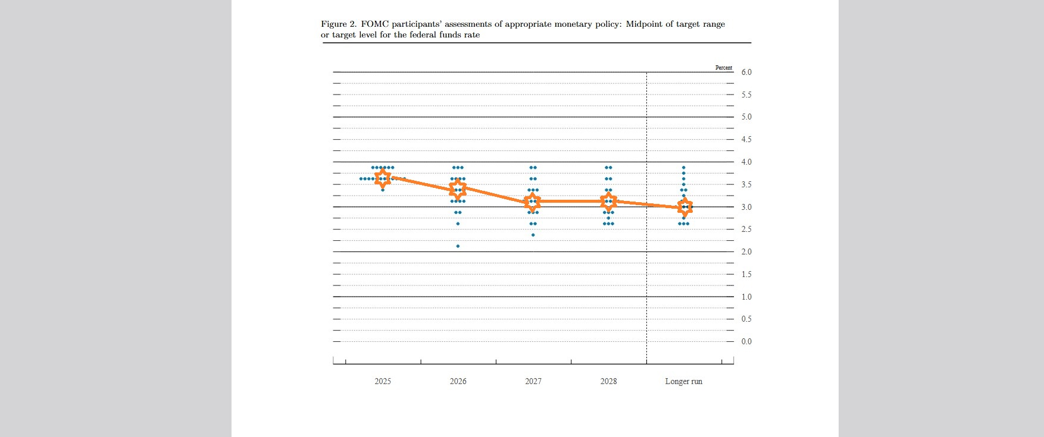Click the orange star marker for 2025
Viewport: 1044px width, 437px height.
tap(383, 178)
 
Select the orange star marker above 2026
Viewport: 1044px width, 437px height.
tap(458, 189)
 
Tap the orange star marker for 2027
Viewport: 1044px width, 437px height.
tap(533, 202)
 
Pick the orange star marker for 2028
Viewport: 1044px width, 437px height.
tap(608, 201)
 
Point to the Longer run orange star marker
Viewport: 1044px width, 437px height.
tap(684, 207)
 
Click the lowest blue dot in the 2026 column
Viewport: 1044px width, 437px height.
tap(458, 246)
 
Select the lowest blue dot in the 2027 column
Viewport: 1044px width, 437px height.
tap(533, 235)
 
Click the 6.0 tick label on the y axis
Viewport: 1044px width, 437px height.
tap(746, 73)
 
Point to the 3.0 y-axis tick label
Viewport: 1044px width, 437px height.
tap(746, 207)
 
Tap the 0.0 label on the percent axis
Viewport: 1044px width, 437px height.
tap(746, 342)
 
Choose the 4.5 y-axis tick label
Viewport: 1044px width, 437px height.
tap(746, 140)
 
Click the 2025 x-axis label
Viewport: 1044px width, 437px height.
tap(383, 382)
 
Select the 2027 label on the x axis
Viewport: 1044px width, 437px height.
tap(533, 382)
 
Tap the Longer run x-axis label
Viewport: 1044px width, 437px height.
tap(683, 382)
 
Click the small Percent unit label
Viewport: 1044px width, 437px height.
tap(724, 68)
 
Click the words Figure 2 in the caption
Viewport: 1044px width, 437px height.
tap(339, 24)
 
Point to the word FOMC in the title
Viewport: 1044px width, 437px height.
tap(374, 24)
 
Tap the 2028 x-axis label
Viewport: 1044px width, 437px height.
tap(608, 382)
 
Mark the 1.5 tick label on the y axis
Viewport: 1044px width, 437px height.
tap(746, 275)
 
